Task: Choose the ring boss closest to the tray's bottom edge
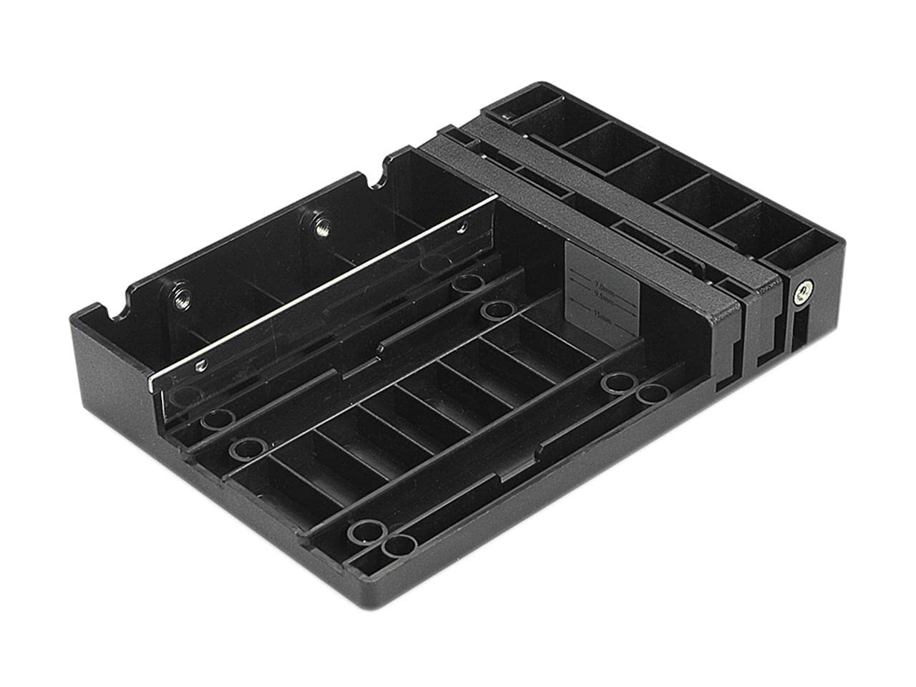(x=399, y=546)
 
